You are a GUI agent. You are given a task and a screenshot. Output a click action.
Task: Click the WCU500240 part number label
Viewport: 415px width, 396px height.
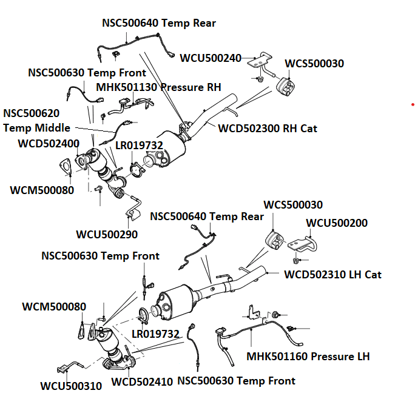coord(211,58)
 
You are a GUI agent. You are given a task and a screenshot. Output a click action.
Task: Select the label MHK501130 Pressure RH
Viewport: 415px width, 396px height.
coord(158,87)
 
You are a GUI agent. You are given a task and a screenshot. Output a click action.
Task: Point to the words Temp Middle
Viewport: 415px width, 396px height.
coord(36,128)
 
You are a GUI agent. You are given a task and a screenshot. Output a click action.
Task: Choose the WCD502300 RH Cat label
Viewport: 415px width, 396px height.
coord(268,129)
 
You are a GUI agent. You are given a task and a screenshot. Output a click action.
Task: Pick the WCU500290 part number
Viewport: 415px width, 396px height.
coord(107,234)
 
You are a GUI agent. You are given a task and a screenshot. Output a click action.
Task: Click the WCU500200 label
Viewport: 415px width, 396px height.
coord(337,223)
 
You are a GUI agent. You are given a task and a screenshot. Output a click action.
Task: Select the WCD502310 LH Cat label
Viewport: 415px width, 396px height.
coord(333,275)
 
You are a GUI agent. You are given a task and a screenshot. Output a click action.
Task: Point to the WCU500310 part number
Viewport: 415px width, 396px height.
coord(71,386)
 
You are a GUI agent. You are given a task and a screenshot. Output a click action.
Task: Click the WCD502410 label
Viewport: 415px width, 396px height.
coord(142,382)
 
